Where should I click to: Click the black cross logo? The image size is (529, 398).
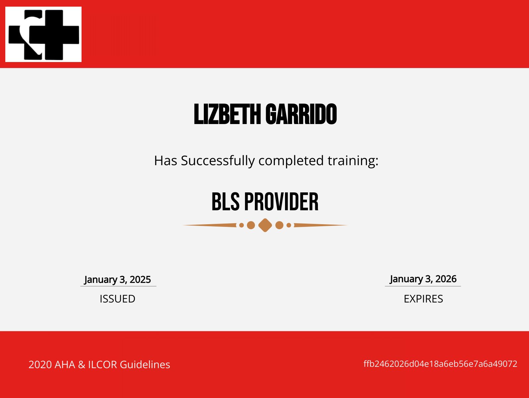43,34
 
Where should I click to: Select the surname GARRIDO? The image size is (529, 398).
301,114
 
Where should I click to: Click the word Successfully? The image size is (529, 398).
218,161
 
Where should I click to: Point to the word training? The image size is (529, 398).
353,161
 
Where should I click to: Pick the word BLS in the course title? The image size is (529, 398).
225,202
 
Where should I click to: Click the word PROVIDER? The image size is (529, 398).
281,202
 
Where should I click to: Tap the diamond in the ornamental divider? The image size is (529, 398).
265,225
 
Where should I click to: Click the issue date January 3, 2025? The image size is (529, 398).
118,280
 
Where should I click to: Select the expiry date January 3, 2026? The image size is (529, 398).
423,279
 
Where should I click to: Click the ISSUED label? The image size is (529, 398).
117,299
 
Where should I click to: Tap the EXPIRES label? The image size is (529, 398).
423,299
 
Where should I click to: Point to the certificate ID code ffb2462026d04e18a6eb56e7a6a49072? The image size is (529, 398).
440,364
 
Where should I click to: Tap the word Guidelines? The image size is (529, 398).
145,365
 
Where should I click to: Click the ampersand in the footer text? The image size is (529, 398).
82,365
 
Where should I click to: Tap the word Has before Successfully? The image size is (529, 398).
166,161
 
